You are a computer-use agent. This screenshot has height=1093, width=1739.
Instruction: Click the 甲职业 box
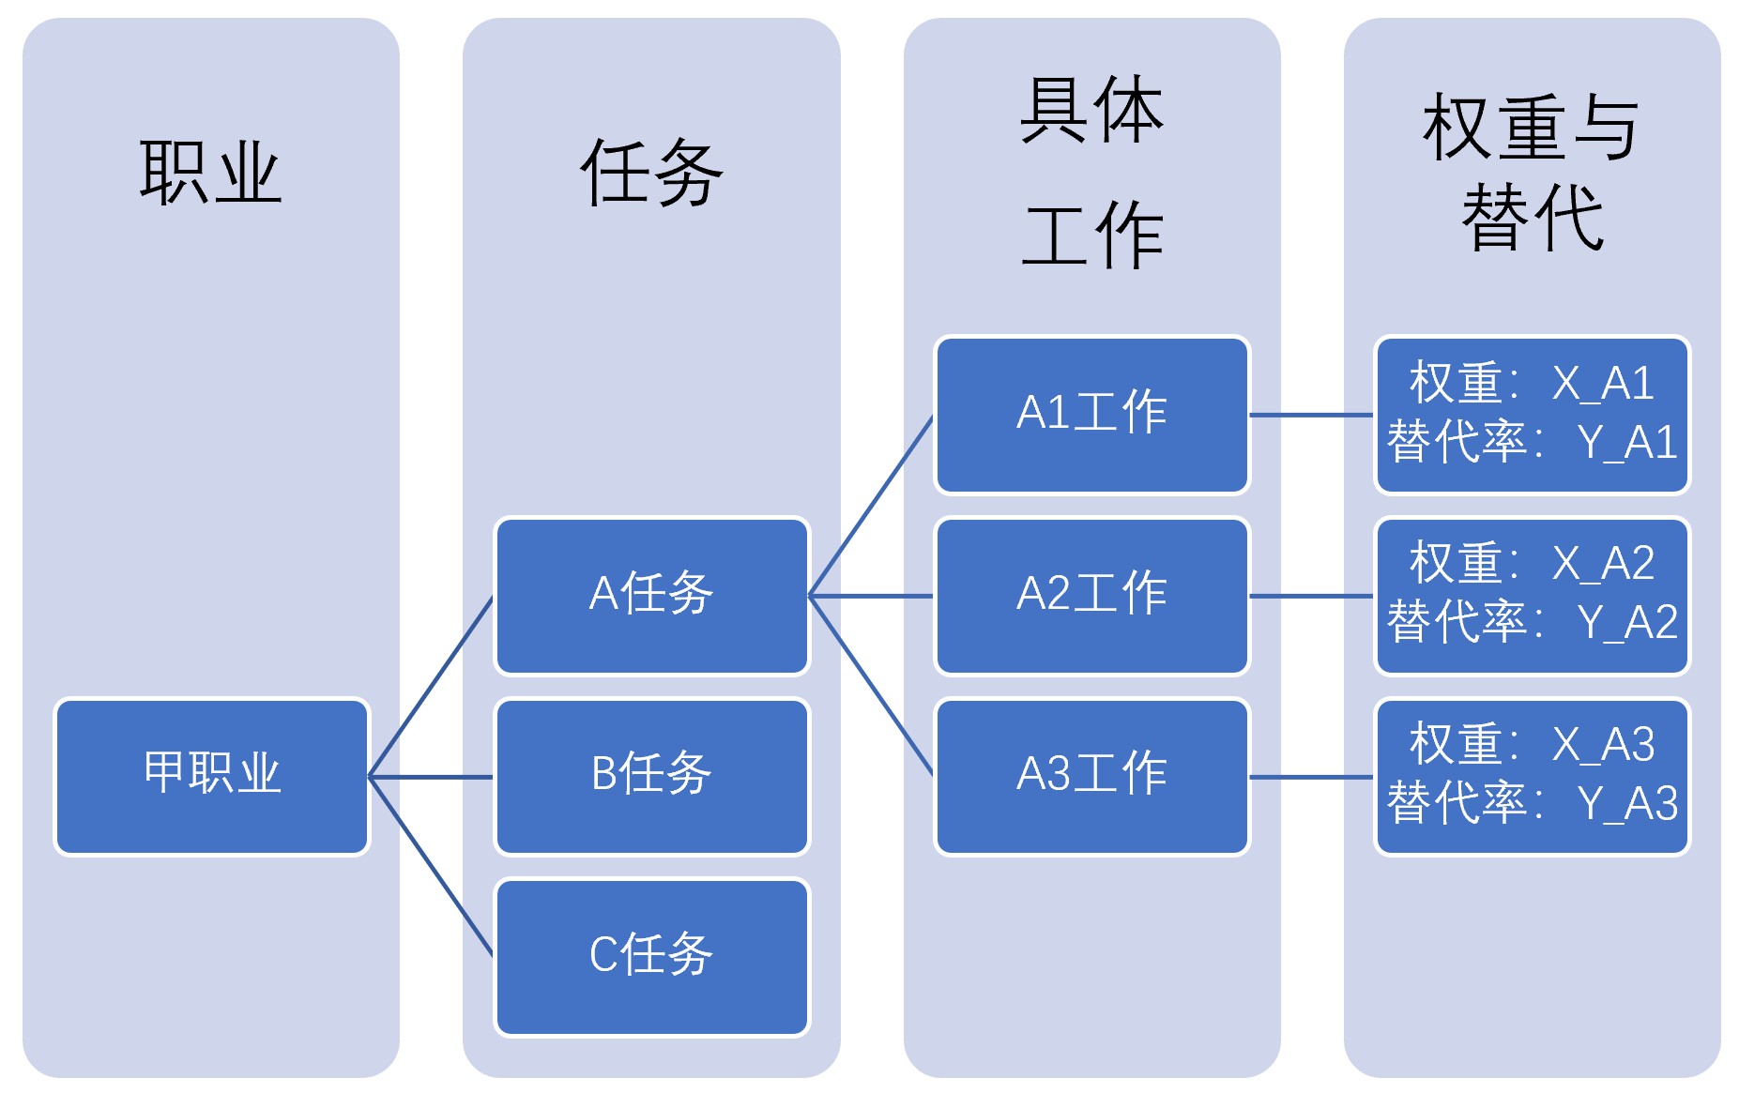point(212,776)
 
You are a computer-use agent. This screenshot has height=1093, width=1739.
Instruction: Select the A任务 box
point(651,595)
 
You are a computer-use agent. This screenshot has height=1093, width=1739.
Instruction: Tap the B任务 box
point(651,776)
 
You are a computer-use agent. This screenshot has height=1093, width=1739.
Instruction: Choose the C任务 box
point(651,956)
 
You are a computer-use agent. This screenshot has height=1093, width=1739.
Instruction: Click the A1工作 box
point(1091,414)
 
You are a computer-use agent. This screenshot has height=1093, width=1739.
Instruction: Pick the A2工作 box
point(1091,595)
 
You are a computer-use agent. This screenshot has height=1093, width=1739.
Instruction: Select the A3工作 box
point(1091,776)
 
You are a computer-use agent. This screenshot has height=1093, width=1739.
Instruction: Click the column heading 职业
point(210,173)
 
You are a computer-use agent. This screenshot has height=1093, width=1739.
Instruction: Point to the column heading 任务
point(651,173)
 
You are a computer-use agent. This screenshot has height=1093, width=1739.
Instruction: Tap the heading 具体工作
point(1091,173)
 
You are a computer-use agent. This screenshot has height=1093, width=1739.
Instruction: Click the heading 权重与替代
point(1532,173)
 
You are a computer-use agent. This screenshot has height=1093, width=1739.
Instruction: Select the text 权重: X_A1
point(1532,384)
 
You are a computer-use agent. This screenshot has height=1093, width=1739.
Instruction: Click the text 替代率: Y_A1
point(1532,443)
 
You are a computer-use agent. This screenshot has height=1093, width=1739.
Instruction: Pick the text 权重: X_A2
point(1532,564)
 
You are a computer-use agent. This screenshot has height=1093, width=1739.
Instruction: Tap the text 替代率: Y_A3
point(1532,804)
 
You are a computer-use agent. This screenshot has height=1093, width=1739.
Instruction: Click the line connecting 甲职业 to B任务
point(432,777)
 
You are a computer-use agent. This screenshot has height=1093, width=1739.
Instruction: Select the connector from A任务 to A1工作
point(871,506)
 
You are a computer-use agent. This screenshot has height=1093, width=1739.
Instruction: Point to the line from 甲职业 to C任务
point(432,867)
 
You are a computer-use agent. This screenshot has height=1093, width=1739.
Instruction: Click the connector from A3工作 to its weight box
point(1311,777)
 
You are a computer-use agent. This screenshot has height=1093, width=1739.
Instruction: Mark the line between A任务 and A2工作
point(871,596)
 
